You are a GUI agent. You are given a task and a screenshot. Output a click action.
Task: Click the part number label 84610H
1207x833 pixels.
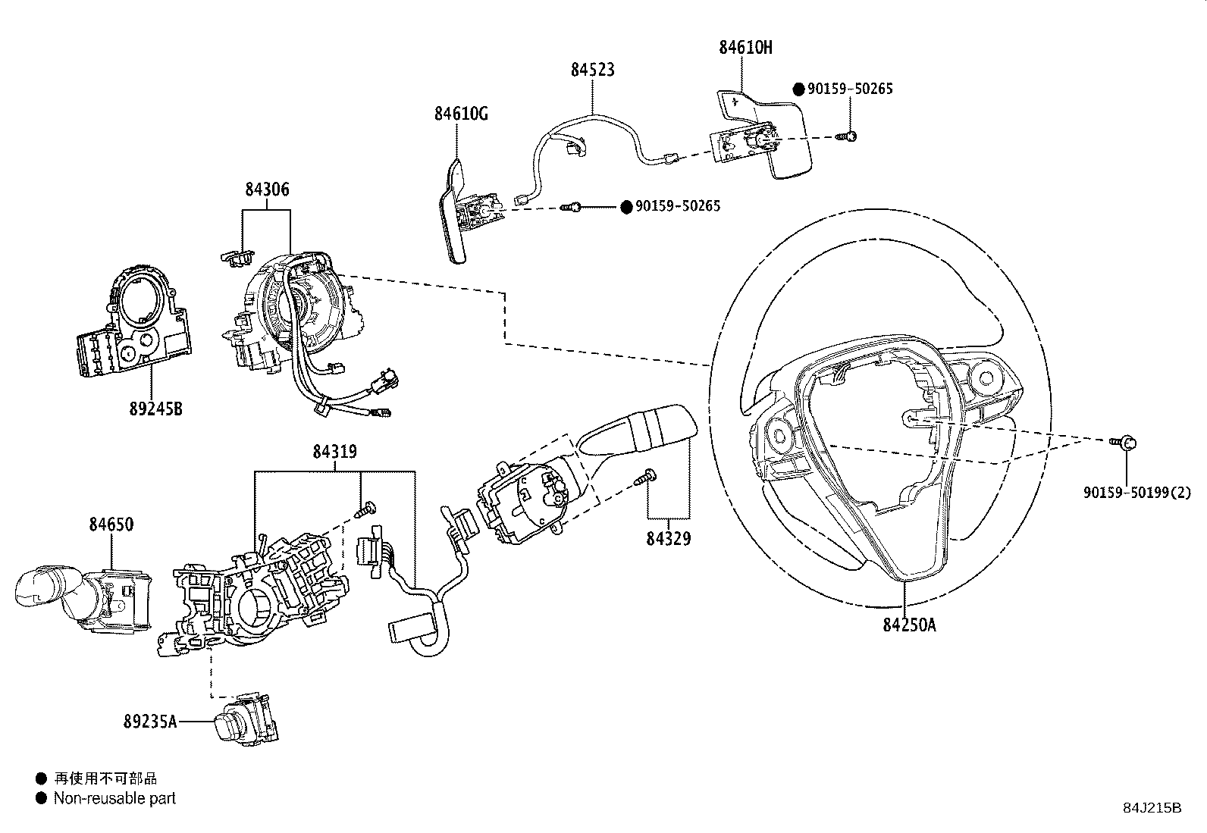pyautogui.click(x=745, y=47)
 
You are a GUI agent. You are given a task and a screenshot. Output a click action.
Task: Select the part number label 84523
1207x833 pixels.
pyautogui.click(x=592, y=70)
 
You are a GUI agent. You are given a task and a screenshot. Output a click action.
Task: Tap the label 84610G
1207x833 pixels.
pyautogui.click(x=461, y=114)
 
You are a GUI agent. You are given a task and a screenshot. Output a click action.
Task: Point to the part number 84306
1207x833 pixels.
pyautogui.click(x=267, y=189)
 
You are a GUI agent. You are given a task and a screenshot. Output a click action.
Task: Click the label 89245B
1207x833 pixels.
pyautogui.click(x=155, y=409)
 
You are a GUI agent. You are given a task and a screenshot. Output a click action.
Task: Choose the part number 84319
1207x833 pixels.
pyautogui.click(x=334, y=453)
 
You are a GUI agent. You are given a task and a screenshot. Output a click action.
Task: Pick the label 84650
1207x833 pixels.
pyautogui.click(x=111, y=525)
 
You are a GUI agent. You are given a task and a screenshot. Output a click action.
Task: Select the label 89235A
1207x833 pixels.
pyautogui.click(x=149, y=722)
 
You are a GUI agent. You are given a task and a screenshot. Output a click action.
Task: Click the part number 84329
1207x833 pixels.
pyautogui.click(x=669, y=539)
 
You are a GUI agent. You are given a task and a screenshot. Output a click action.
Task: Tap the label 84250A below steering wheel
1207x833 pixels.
pyautogui.click(x=909, y=625)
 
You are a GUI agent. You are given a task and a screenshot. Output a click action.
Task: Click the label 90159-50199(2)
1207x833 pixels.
pyautogui.click(x=1136, y=493)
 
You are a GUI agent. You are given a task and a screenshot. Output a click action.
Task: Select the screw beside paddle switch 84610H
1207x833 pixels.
pyautogui.click(x=846, y=136)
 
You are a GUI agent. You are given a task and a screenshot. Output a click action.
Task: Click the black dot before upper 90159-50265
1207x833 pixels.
pyautogui.click(x=798, y=89)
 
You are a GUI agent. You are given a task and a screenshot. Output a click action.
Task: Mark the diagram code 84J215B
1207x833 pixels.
pyautogui.click(x=1152, y=808)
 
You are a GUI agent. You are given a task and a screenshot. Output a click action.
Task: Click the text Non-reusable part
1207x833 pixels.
pyautogui.click(x=114, y=798)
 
